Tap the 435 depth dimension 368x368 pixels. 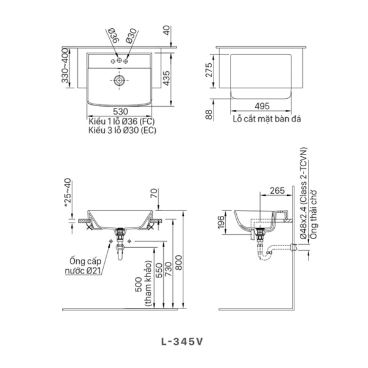click(166, 78)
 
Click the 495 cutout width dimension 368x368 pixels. click(260, 105)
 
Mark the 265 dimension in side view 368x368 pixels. click(277, 191)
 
